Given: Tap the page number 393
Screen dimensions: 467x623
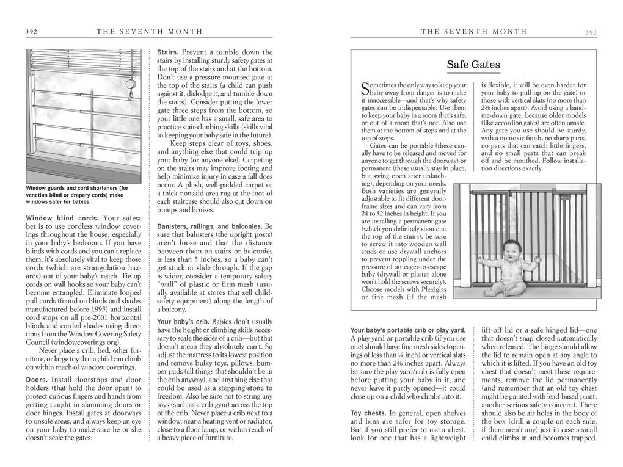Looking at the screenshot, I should pyautogui.click(x=591, y=32).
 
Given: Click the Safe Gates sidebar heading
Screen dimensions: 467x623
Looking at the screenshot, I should pyautogui.click(x=473, y=65).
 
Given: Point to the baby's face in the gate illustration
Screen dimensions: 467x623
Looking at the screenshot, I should pyautogui.click(x=508, y=250).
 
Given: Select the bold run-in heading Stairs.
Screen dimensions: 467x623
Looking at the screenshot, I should pyautogui.click(x=168, y=52).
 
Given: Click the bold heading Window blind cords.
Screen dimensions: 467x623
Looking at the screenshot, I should pyautogui.click(x=63, y=218).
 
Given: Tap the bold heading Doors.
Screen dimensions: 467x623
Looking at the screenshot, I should pyautogui.click(x=37, y=379).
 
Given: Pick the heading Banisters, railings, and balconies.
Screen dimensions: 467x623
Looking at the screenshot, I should pyautogui.click(x=214, y=226).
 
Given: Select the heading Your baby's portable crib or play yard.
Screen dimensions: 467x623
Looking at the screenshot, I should pyautogui.click(x=408, y=330).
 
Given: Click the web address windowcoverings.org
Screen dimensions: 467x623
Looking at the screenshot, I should pyautogui.click(x=82, y=342).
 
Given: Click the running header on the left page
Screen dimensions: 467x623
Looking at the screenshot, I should pyautogui.click(x=150, y=32).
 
